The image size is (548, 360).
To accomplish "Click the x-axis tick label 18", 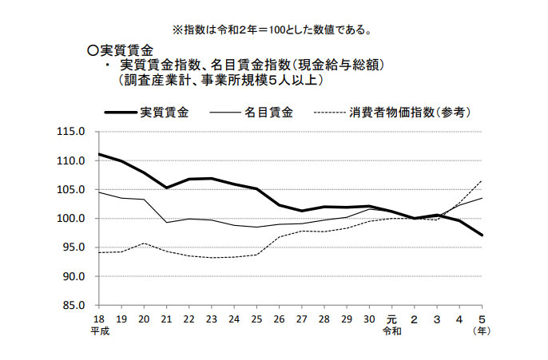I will point(98,318).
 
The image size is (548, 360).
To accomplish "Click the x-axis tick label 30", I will point(369,318).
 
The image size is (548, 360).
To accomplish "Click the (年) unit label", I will point(481,330).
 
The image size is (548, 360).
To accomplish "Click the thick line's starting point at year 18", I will point(98,154).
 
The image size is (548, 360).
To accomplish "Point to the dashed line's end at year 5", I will point(482,181).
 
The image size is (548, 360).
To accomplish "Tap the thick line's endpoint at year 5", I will point(482,235).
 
